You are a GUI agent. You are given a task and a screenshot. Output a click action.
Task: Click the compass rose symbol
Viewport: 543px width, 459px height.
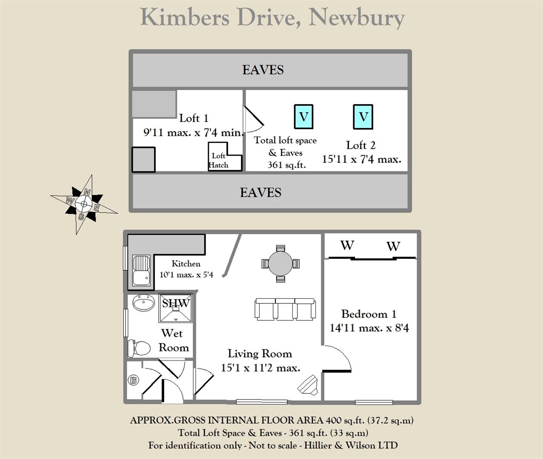pos(84,204)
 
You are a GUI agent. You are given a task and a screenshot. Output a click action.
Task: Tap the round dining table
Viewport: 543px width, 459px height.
pos(280,263)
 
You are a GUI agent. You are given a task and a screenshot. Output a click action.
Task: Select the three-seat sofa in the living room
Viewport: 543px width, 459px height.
pos(285,309)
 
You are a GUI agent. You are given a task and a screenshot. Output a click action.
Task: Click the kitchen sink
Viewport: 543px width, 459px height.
pos(141,271)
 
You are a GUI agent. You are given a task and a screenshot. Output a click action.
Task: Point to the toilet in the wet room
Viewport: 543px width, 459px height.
pos(140,348)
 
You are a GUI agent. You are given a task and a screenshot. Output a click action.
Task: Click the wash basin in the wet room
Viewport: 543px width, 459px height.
pos(143,303)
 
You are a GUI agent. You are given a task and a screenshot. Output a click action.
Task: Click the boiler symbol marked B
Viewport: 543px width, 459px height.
pos(133,380)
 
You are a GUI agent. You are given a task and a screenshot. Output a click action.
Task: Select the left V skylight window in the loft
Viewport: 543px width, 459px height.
pos(303,116)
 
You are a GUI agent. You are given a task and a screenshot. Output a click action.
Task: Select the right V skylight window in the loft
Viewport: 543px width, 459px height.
pos(363,116)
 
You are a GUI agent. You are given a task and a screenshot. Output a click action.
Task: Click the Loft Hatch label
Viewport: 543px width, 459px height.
pos(219,161)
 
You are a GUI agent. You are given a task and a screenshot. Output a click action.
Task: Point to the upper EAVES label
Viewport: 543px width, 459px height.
pos(263,70)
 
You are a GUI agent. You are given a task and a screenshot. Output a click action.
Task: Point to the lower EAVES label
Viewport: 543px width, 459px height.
pos(260,193)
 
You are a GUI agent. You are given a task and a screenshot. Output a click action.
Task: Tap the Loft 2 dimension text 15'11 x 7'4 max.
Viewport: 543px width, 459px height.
pos(361,159)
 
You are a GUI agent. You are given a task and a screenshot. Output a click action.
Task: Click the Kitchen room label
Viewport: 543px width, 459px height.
pos(186,263)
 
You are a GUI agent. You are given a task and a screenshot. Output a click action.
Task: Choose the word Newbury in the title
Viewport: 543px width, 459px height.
pos(356,18)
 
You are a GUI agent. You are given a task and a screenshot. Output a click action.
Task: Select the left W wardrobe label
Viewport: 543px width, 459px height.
pos(347,245)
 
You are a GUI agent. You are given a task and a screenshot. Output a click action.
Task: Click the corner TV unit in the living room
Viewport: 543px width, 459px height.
pos(309,386)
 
